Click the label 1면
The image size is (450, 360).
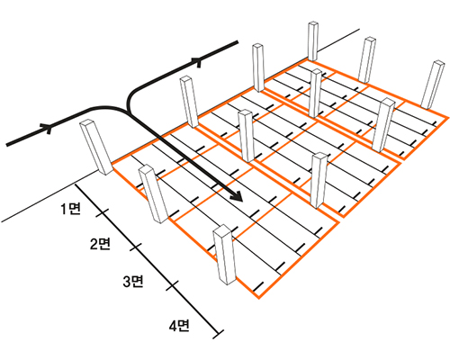(71, 209)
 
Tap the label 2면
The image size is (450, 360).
(101, 244)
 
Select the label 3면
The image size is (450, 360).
(133, 282)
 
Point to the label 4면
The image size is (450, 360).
(179, 326)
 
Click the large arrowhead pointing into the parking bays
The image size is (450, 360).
(237, 195)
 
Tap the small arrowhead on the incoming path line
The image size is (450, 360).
(48, 128)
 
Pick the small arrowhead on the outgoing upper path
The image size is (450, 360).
(198, 61)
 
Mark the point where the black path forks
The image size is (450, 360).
(130, 113)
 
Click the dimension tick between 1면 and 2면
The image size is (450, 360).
(103, 213)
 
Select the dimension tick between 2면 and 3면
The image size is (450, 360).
(136, 247)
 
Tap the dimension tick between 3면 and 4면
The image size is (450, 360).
(172, 286)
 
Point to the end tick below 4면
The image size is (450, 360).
(218, 335)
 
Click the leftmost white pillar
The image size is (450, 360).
(96, 148)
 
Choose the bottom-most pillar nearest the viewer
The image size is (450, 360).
(224, 255)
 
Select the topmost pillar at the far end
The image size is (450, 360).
(313, 41)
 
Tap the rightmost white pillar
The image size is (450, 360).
(433, 85)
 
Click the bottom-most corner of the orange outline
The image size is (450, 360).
(258, 298)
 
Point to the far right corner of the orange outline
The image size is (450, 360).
(448, 118)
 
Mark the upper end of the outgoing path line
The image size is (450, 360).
(238, 42)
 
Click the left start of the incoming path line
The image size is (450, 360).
(7, 145)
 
